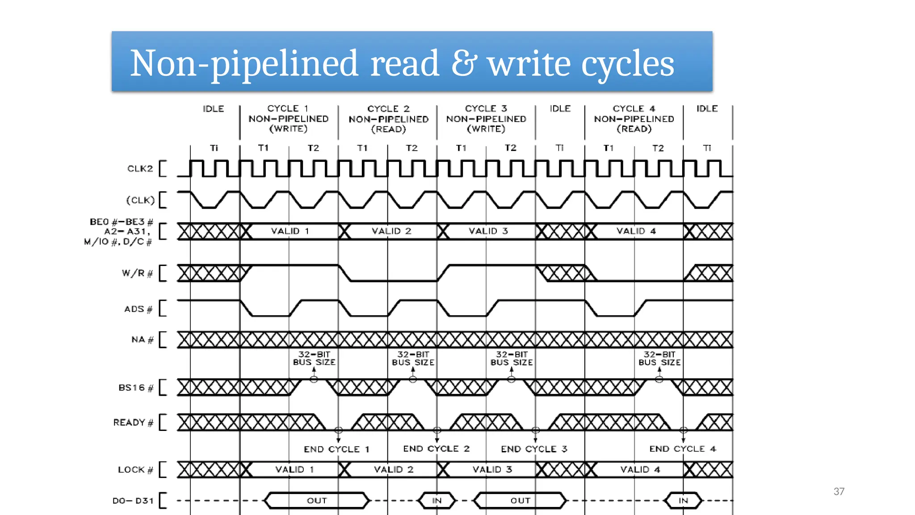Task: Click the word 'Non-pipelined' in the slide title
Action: [244, 63]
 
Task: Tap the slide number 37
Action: [839, 491]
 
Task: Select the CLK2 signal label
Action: [140, 169]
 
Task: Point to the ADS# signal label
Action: [138, 309]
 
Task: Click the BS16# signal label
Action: [135, 388]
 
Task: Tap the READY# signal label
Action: [133, 422]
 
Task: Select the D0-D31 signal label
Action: [133, 501]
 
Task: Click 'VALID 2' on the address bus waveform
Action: [391, 231]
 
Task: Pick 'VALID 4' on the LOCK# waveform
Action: [640, 469]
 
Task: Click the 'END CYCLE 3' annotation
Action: [534, 449]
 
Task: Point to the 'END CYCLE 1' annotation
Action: [336, 449]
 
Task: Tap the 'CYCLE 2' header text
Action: [388, 109]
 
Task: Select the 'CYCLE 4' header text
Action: [634, 109]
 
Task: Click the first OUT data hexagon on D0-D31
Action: [317, 501]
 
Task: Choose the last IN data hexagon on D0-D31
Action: [683, 501]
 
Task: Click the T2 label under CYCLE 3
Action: [510, 148]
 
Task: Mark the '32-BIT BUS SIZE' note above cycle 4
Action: [659, 359]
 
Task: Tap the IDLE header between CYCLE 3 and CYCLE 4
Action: [560, 109]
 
